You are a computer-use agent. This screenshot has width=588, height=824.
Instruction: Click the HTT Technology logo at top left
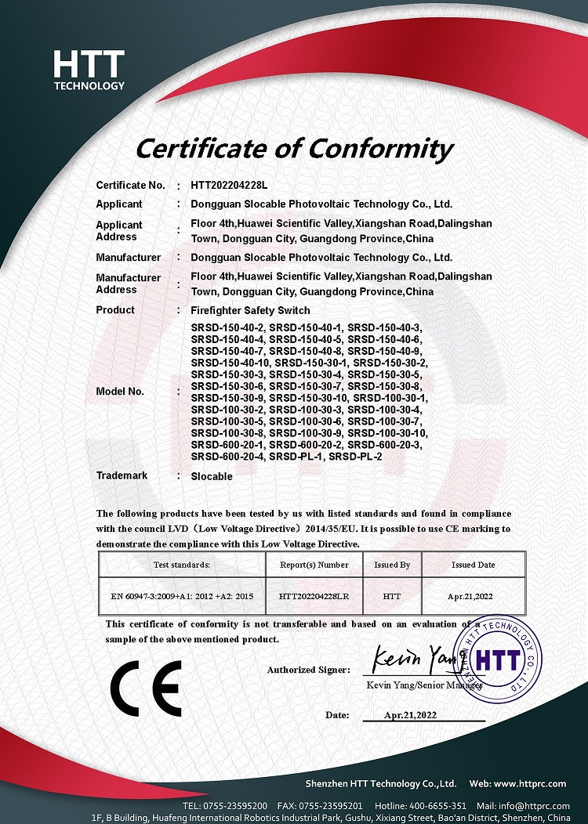coord(89,70)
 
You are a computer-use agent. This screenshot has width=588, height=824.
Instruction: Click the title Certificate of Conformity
coord(294,148)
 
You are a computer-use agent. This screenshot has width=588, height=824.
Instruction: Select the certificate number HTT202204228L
coord(230,186)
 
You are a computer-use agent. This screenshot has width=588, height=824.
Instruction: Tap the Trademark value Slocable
coord(212,476)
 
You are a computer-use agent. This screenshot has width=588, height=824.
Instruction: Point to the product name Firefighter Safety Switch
coord(250,310)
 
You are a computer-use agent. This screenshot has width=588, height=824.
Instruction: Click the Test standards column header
coord(182,564)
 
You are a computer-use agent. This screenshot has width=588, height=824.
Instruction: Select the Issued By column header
coord(392,564)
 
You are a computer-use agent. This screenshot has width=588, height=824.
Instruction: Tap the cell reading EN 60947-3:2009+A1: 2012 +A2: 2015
coord(182,597)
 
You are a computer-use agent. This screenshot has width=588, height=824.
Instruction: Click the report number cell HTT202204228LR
coord(314,597)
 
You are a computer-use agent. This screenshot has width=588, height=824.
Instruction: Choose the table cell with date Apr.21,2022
coord(471,597)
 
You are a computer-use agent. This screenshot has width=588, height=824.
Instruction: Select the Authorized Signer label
coord(308,670)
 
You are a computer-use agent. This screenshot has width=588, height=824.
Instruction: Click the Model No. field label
coord(120,392)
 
